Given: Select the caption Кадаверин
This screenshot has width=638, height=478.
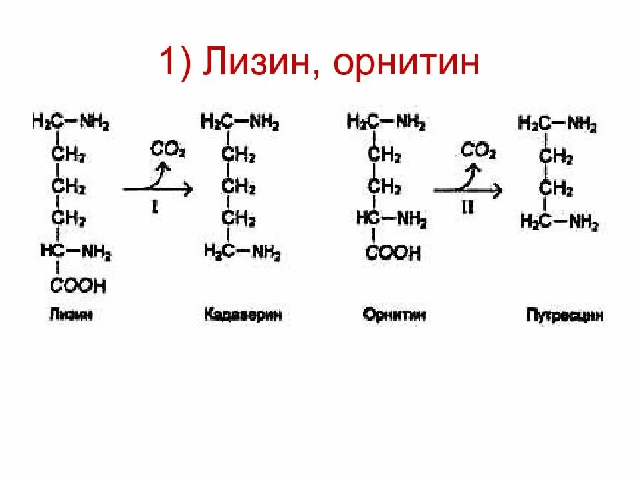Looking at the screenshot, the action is (243, 315).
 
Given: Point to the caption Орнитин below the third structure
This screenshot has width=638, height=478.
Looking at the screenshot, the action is (394, 315).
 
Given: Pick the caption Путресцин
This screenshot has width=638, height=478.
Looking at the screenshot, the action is (565, 315).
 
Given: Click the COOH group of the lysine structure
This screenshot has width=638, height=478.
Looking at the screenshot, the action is (77, 286).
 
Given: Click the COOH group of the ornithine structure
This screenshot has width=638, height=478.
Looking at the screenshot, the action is (394, 252).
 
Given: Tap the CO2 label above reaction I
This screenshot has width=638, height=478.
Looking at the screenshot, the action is (167, 149).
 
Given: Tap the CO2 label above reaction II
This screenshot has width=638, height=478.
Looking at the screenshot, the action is (478, 151).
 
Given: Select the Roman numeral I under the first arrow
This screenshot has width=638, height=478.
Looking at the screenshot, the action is (154, 208).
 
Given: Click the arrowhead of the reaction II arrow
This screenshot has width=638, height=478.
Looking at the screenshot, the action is (498, 191).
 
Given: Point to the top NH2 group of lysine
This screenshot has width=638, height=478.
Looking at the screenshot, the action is (95, 122).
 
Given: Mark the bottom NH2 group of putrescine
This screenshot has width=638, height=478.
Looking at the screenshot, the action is (584, 223).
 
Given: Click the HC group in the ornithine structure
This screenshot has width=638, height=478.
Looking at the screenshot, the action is (367, 219).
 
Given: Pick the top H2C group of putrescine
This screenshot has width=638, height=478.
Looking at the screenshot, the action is (533, 123).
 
